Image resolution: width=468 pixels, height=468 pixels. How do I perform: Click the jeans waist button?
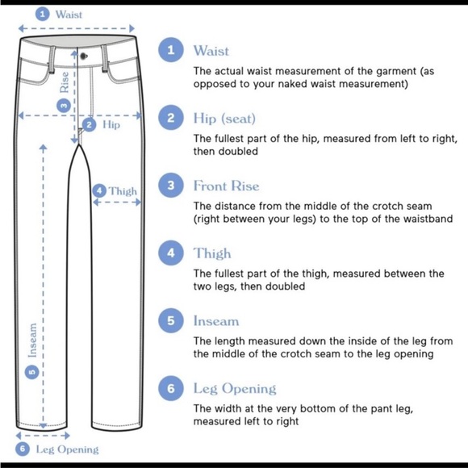click(x=84, y=56)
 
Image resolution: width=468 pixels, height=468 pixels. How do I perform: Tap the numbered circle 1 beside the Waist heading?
click(x=171, y=50)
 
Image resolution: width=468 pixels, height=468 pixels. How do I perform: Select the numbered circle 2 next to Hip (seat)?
click(x=171, y=118)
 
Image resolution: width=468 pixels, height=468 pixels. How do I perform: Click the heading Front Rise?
click(x=226, y=186)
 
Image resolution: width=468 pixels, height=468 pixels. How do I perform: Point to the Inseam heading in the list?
click(x=216, y=321)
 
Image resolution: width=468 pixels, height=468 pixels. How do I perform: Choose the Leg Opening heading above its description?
click(x=235, y=389)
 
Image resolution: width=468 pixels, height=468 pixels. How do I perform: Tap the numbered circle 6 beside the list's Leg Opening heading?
click(x=171, y=388)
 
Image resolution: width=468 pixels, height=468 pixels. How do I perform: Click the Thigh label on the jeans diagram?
click(x=123, y=191)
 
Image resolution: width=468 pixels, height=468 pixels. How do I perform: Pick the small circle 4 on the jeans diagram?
click(x=99, y=190)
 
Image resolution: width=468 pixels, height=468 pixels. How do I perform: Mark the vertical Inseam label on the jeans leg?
click(x=32, y=341)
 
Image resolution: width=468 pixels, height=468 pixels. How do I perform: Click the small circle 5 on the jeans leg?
click(x=32, y=372)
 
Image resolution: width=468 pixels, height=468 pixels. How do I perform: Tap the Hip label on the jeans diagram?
click(x=111, y=124)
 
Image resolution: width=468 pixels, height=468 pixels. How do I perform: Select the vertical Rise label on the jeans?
click(x=65, y=82)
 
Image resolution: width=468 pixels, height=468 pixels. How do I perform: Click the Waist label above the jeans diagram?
click(x=69, y=15)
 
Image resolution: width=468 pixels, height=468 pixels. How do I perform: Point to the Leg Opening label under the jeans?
click(x=67, y=449)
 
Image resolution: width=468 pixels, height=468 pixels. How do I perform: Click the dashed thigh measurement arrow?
click(x=117, y=203)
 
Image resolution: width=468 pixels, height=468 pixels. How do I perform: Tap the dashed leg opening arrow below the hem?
click(x=43, y=436)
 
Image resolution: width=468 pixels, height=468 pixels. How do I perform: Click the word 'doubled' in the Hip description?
click(x=238, y=151)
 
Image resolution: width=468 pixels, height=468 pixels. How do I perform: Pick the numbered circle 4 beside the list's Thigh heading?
click(x=171, y=253)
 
